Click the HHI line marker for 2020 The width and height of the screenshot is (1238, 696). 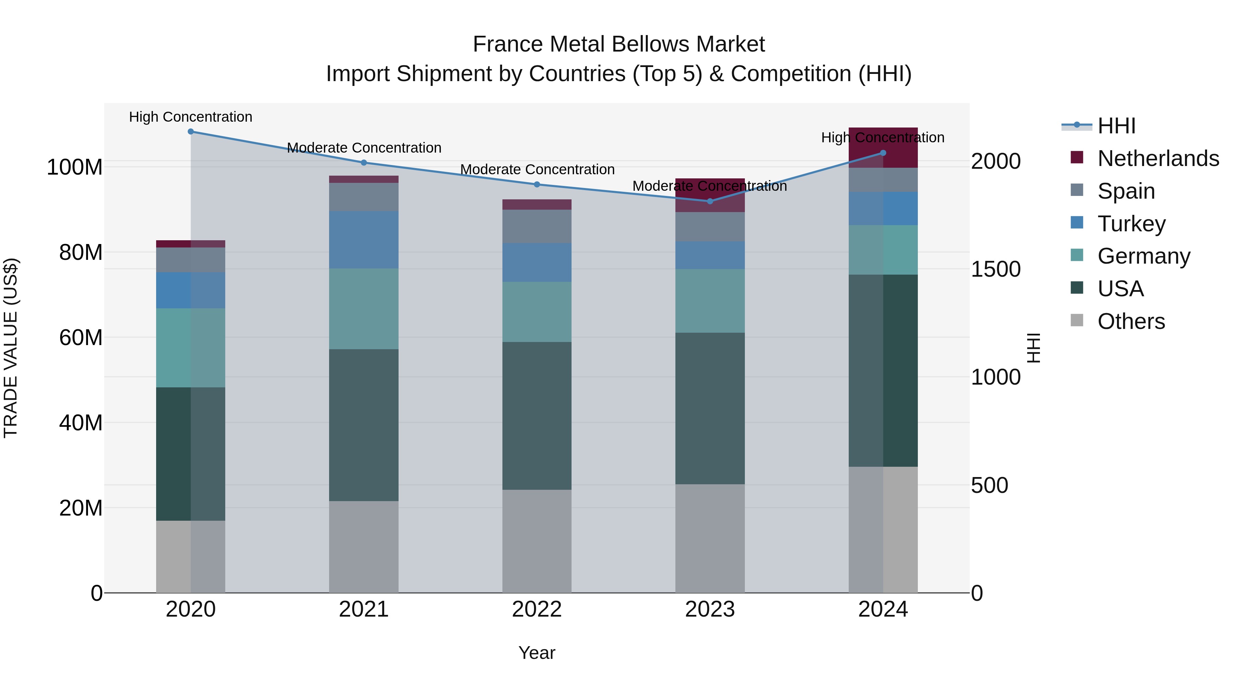[x=191, y=131]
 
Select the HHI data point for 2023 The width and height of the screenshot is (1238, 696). [x=710, y=201]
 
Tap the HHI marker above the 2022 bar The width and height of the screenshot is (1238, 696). [x=537, y=185]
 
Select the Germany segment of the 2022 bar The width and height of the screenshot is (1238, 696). [x=537, y=312]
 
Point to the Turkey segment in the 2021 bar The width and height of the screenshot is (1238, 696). [x=364, y=240]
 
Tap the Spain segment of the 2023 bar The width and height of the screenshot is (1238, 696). [x=710, y=227]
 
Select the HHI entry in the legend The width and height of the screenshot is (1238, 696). [x=1116, y=126]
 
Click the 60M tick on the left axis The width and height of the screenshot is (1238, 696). [x=81, y=338]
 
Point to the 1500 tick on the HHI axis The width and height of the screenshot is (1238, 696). [x=995, y=269]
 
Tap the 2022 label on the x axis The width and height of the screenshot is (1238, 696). [x=537, y=609]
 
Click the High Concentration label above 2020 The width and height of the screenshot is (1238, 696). [x=191, y=117]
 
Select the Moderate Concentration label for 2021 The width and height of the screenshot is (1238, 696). [x=364, y=147]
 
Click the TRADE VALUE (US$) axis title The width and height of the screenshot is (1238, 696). [x=11, y=348]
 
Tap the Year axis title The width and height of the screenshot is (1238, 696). [x=537, y=653]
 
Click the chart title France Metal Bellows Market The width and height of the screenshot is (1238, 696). [x=619, y=44]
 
